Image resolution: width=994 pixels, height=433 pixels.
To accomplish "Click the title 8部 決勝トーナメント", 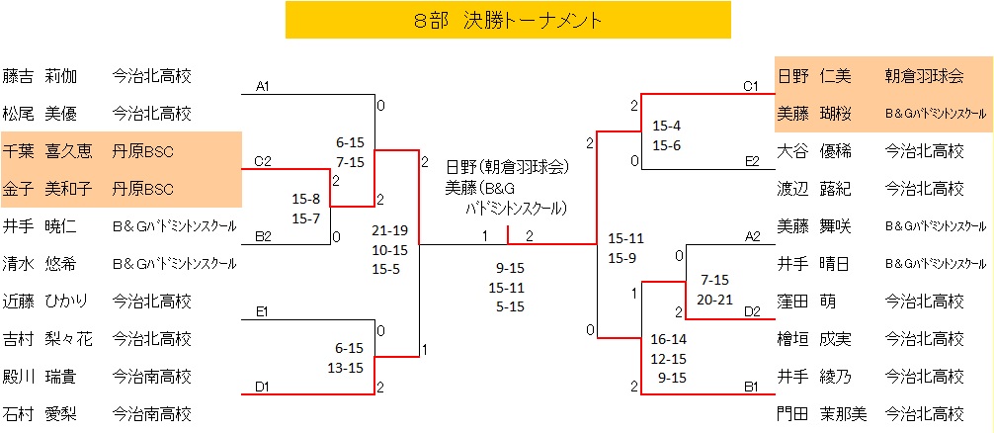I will tap(508, 20).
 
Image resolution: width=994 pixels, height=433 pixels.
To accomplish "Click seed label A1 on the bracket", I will tap(263, 87).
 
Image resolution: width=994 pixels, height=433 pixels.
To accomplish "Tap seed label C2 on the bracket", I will tap(263, 161).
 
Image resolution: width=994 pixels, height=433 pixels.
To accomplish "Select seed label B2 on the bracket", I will tap(263, 236).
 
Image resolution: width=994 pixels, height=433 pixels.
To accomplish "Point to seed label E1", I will tap(263, 311).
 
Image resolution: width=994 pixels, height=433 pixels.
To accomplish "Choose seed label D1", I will tap(263, 387).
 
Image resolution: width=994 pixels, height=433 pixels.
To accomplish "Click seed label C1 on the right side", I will tap(751, 86).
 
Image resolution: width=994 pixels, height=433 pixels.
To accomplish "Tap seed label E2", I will tap(751, 161).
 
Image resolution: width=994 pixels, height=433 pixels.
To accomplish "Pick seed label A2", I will tap(751, 236).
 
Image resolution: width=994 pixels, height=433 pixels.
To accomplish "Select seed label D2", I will tap(751, 311).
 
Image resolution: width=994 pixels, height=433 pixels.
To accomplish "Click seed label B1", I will tap(751, 387).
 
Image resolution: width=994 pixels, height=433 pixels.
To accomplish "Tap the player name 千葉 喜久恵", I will tap(47, 151).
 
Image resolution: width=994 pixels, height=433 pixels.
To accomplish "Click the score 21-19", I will tap(389, 229).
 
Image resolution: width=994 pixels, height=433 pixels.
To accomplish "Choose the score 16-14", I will tap(668, 339).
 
